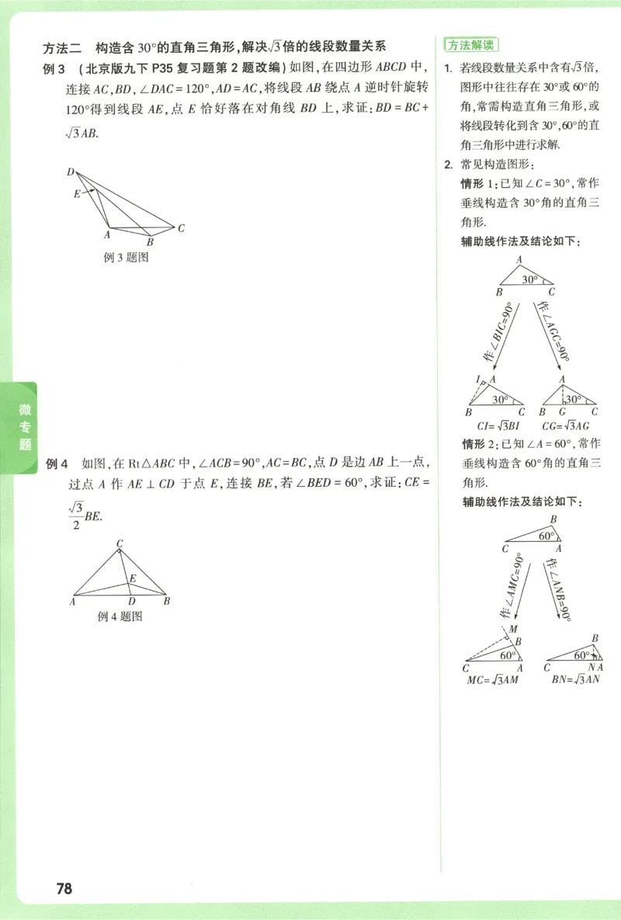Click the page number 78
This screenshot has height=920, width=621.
coord(64,888)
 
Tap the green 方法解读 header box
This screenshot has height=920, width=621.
coord(470,44)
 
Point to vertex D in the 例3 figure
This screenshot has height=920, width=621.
coord(71,172)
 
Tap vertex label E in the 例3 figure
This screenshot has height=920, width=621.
coord(77,193)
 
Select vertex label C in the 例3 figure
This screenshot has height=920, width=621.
coord(180,228)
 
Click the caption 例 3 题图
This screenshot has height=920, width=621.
coord(126,258)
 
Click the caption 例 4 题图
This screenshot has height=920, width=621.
coord(120,616)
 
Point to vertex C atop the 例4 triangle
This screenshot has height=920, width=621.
coord(120,543)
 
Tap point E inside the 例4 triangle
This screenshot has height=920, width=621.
coord(133,578)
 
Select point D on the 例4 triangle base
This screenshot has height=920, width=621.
coord(131,602)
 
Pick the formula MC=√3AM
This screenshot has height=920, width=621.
coord(492,680)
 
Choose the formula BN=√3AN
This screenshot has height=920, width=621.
coord(576,680)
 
